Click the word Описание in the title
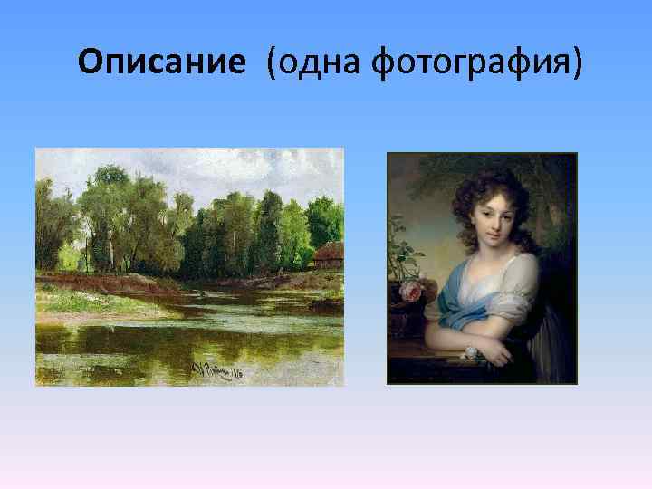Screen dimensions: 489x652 pyautogui.click(x=161, y=62)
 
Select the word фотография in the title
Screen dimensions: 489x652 pyautogui.click(x=474, y=62)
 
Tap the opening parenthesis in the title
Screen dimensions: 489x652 pyautogui.click(x=271, y=63)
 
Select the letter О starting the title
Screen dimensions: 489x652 pyautogui.click(x=91, y=62)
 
